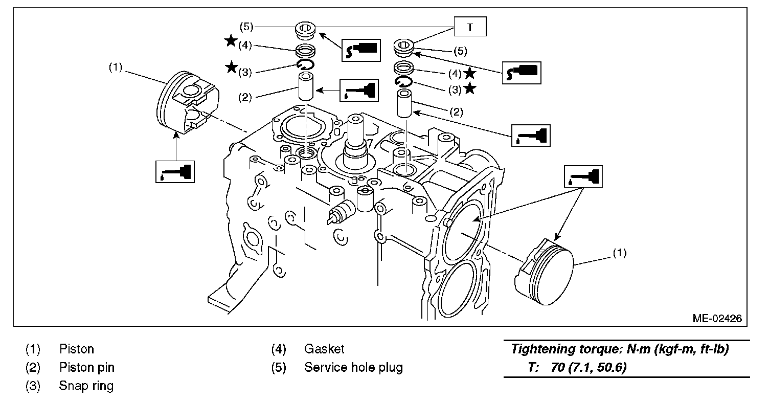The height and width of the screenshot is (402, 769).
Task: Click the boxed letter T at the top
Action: (470, 27)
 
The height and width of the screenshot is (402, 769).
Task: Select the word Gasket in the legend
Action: (324, 349)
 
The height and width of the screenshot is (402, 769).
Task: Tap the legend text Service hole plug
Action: (353, 368)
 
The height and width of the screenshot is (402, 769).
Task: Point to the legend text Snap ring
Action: (86, 386)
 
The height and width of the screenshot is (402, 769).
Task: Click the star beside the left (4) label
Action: (231, 41)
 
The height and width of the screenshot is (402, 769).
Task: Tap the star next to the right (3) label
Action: (470, 89)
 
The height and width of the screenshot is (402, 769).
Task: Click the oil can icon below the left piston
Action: (175, 170)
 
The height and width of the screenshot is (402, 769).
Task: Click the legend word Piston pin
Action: (87, 368)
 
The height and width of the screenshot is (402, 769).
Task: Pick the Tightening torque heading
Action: (620, 350)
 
